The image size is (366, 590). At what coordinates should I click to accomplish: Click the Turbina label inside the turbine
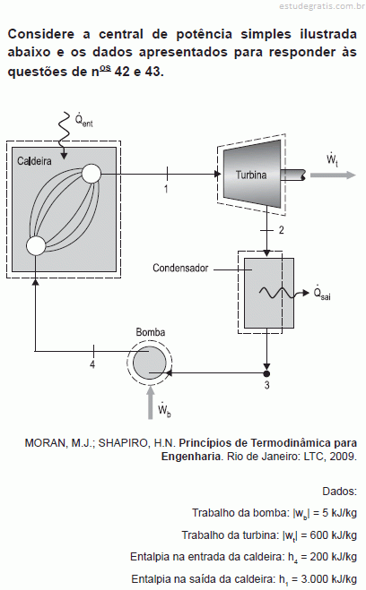pos(251,175)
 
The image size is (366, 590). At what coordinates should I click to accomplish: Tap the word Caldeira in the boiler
pos(34,161)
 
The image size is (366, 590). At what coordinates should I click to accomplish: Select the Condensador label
pos(180,268)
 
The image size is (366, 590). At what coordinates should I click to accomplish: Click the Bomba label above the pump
pos(151,332)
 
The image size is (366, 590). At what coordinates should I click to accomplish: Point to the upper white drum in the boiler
pos(91,174)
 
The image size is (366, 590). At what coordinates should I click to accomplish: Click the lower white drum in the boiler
pos(36,245)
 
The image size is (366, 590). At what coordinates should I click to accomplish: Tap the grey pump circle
pos(149,363)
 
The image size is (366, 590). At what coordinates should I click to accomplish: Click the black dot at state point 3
pos(266,373)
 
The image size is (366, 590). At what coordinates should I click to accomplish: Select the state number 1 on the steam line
pos(166,189)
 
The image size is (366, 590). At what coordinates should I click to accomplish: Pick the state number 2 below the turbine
pos(281,230)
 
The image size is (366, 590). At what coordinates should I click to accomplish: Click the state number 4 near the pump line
pos(92,364)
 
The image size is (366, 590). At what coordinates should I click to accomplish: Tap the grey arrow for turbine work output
pos(333,175)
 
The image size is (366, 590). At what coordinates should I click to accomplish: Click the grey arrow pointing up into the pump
pos(151,402)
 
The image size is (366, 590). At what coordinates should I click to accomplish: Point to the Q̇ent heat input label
pos(83,119)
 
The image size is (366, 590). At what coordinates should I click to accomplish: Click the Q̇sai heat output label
pos(322,293)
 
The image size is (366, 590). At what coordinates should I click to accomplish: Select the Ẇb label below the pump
pos(164,410)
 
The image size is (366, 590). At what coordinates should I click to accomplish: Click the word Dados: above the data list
pos(339,491)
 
